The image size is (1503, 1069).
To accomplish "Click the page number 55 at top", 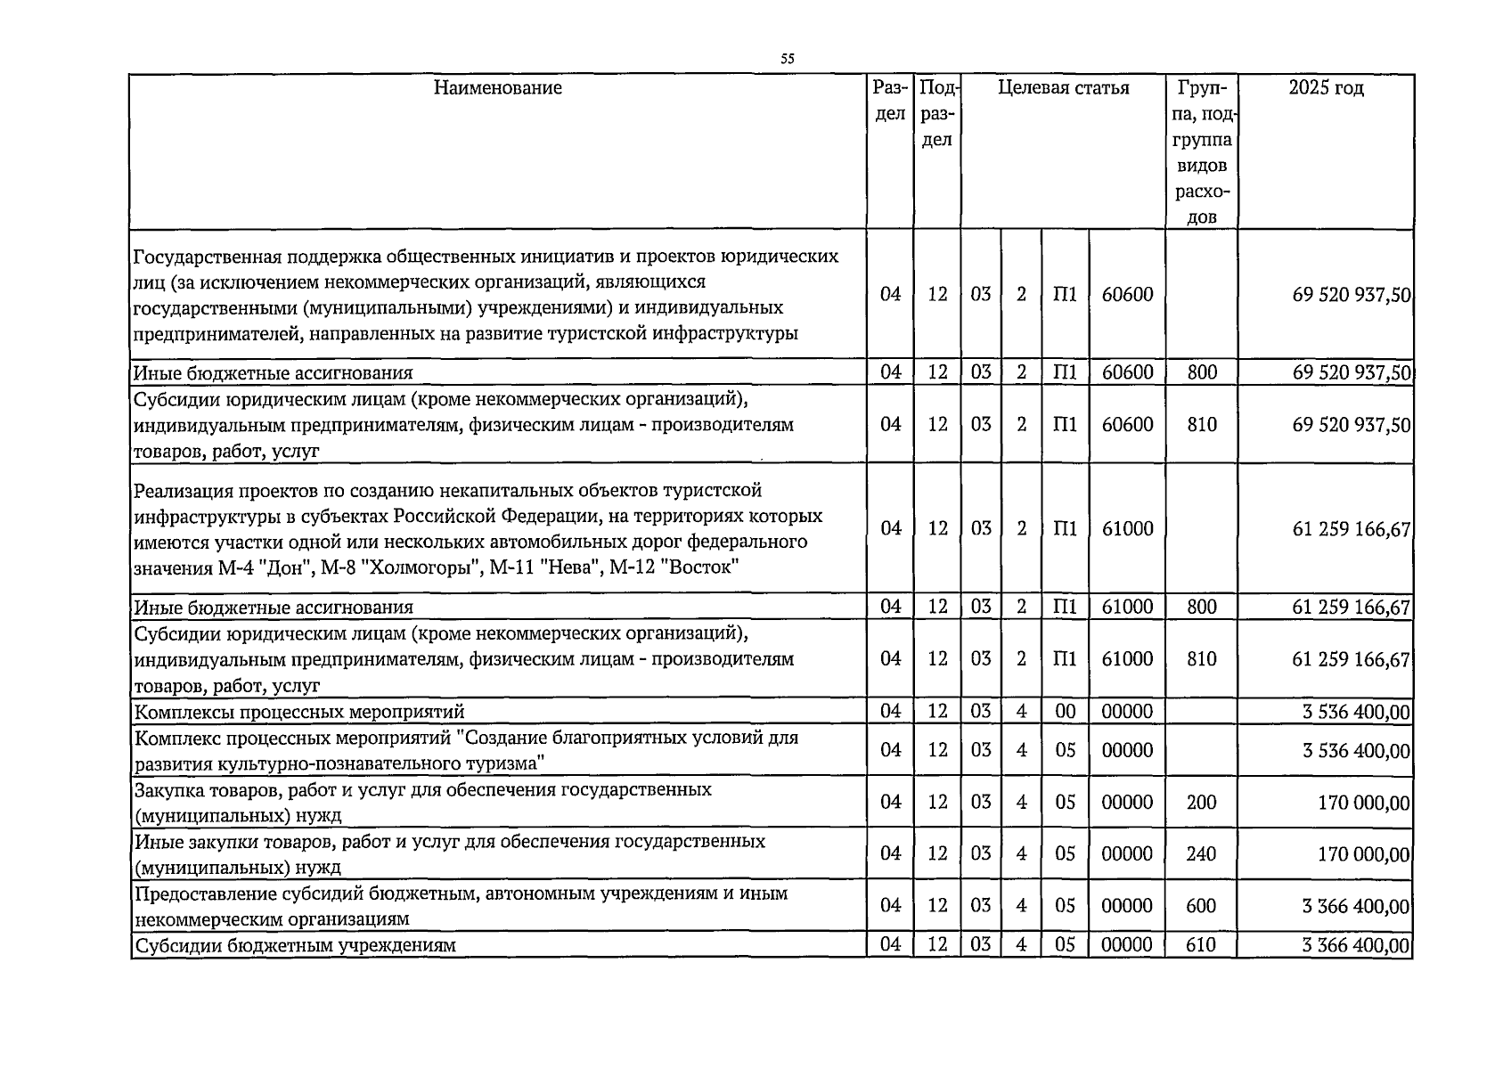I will point(787,60).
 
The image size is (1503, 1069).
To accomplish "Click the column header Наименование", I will point(498,88).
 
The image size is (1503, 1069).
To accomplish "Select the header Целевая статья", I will point(1063,88).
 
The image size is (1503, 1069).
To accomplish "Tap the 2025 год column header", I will point(1326,88).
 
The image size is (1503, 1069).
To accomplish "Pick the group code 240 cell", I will point(1201,853).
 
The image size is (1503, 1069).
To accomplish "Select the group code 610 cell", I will point(1201,944).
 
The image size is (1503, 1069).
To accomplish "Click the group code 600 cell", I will point(1201,905).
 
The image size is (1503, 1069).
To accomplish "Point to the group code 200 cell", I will point(1201,802).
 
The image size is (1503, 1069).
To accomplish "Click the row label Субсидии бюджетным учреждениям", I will point(294,945).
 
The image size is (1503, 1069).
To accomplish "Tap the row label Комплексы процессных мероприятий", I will point(298,712).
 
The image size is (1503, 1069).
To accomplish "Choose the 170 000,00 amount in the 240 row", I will point(1363,854).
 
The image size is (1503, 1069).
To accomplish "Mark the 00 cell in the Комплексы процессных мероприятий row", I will point(1065,711).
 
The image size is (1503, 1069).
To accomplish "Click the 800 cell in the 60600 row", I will point(1201,372).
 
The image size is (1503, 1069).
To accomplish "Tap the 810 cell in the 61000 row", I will point(1201,659).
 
